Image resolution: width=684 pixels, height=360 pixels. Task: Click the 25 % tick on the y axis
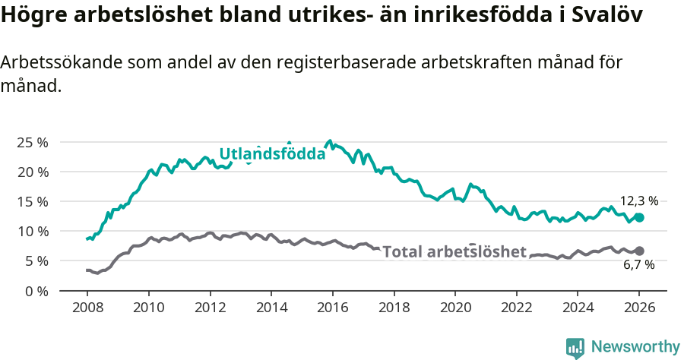point(33,142)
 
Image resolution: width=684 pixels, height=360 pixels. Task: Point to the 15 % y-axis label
point(33,201)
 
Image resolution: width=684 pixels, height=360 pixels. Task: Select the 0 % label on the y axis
point(36,290)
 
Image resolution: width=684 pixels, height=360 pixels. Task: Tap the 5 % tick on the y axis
point(36,261)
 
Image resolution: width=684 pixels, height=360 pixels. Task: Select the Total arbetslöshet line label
point(454,252)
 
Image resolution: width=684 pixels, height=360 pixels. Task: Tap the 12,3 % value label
point(639,201)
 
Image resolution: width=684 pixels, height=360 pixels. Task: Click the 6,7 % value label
point(639,265)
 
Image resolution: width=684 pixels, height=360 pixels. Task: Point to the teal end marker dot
point(639,218)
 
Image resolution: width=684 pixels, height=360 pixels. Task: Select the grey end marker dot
point(639,251)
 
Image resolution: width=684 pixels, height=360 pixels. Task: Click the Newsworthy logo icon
point(575,347)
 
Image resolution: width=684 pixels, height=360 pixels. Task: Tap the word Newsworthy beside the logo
point(635,347)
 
